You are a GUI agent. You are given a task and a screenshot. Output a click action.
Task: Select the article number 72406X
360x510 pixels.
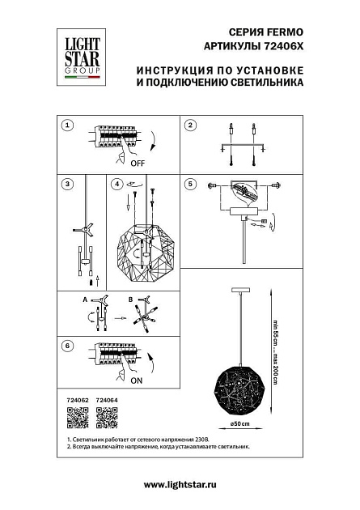[285, 47]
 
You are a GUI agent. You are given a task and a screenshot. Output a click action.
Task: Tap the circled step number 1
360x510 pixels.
[68, 125]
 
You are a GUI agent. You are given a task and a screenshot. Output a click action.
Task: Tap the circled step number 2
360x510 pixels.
[190, 125]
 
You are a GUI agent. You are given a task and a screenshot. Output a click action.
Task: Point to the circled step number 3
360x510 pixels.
[68, 185]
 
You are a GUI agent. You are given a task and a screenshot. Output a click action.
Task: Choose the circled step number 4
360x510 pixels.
[118, 185]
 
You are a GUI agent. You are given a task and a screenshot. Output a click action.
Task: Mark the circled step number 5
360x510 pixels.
[190, 185]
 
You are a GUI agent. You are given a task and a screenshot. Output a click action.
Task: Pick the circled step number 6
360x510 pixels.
[68, 346]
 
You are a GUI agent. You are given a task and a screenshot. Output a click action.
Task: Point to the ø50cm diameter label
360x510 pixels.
[241, 425]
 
